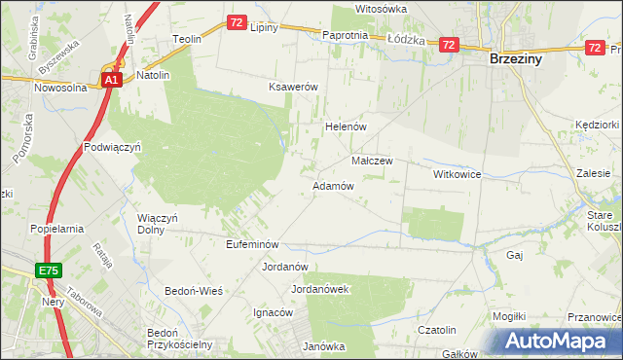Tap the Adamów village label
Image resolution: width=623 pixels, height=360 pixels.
tap(332, 185)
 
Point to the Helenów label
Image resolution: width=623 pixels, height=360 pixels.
tap(344, 127)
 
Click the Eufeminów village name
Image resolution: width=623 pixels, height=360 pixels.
tap(252, 244)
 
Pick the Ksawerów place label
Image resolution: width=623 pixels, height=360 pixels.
tap(294, 87)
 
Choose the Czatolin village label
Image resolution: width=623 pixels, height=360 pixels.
tap(437, 331)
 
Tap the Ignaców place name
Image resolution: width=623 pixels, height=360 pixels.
tap(273, 313)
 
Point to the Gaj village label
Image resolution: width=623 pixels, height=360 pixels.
tap(516, 254)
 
